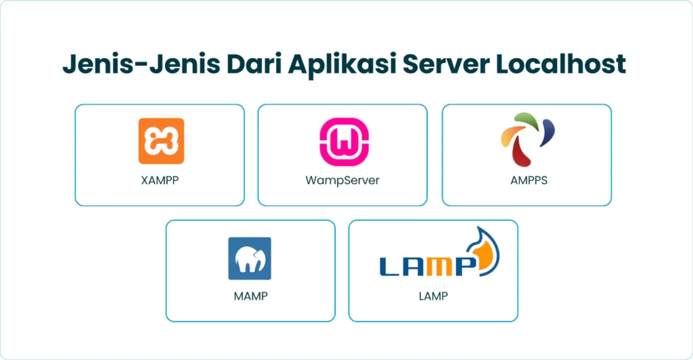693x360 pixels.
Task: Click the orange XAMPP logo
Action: [x=161, y=141]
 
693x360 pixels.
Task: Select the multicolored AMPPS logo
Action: [x=527, y=139]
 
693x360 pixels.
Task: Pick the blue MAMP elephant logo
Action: [x=250, y=258]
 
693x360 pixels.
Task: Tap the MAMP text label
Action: [x=250, y=296]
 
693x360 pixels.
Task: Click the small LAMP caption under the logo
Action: [x=433, y=296]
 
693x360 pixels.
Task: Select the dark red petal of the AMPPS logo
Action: [x=522, y=154]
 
